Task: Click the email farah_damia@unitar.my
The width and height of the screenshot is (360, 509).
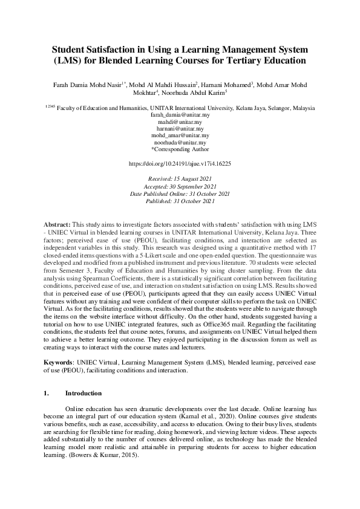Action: click(180, 115)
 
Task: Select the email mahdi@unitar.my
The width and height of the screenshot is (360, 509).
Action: click(180, 122)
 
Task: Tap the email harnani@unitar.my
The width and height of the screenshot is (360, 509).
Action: click(180, 129)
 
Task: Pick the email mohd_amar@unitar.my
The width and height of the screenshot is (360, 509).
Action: click(180, 136)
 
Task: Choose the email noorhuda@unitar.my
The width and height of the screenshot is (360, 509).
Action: click(180, 143)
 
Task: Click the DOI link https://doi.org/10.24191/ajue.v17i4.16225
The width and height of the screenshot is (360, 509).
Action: click(180, 164)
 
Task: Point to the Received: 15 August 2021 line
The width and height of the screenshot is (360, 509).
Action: click(180, 180)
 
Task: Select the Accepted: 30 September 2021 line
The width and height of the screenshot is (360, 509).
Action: click(180, 187)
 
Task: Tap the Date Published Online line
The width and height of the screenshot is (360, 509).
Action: click(180, 193)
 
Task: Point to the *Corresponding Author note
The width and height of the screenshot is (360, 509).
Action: click(180, 149)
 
